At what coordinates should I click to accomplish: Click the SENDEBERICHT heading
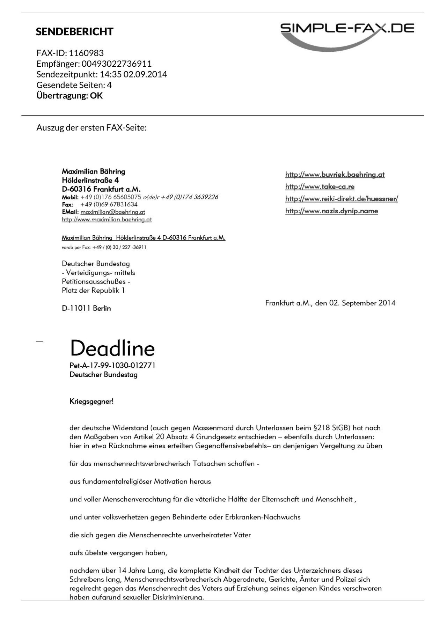74,32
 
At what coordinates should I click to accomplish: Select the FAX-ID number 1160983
86,53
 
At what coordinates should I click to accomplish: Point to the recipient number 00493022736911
117,64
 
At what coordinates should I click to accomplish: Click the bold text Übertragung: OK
69,96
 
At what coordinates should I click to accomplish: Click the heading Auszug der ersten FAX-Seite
91,128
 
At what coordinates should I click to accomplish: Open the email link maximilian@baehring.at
113,212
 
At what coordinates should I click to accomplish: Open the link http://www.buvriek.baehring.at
335,175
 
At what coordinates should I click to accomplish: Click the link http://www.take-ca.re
320,187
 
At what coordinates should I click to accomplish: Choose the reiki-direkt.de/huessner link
342,199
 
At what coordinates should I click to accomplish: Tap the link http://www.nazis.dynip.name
331,211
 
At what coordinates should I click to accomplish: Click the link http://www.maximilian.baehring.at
107,220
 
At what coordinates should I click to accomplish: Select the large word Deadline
112,348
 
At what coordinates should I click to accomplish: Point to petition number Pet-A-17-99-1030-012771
112,366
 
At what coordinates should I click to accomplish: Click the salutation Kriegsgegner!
91,402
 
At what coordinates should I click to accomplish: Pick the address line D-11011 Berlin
86,308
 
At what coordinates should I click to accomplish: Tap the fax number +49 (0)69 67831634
109,205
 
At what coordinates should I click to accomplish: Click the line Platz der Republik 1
93,291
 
